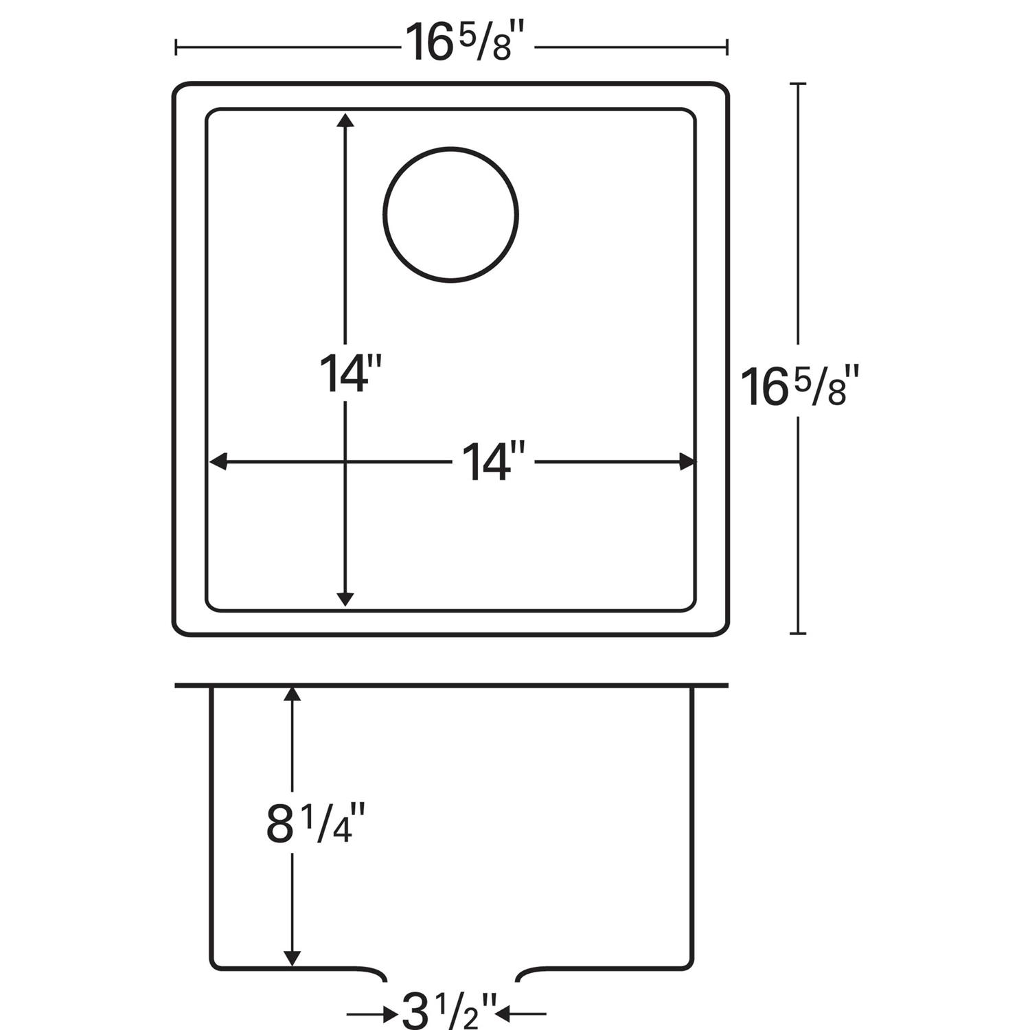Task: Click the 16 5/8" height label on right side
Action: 799,386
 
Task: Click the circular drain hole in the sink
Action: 450,214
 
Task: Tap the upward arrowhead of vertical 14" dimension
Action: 345,121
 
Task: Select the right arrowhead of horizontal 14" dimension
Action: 686,462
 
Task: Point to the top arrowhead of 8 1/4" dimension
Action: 293,694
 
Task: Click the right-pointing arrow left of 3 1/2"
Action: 390,1013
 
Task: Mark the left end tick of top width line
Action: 177,47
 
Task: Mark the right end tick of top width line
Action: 727,47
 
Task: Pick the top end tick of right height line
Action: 797,84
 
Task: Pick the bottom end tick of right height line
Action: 797,633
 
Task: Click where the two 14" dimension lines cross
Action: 345,462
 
